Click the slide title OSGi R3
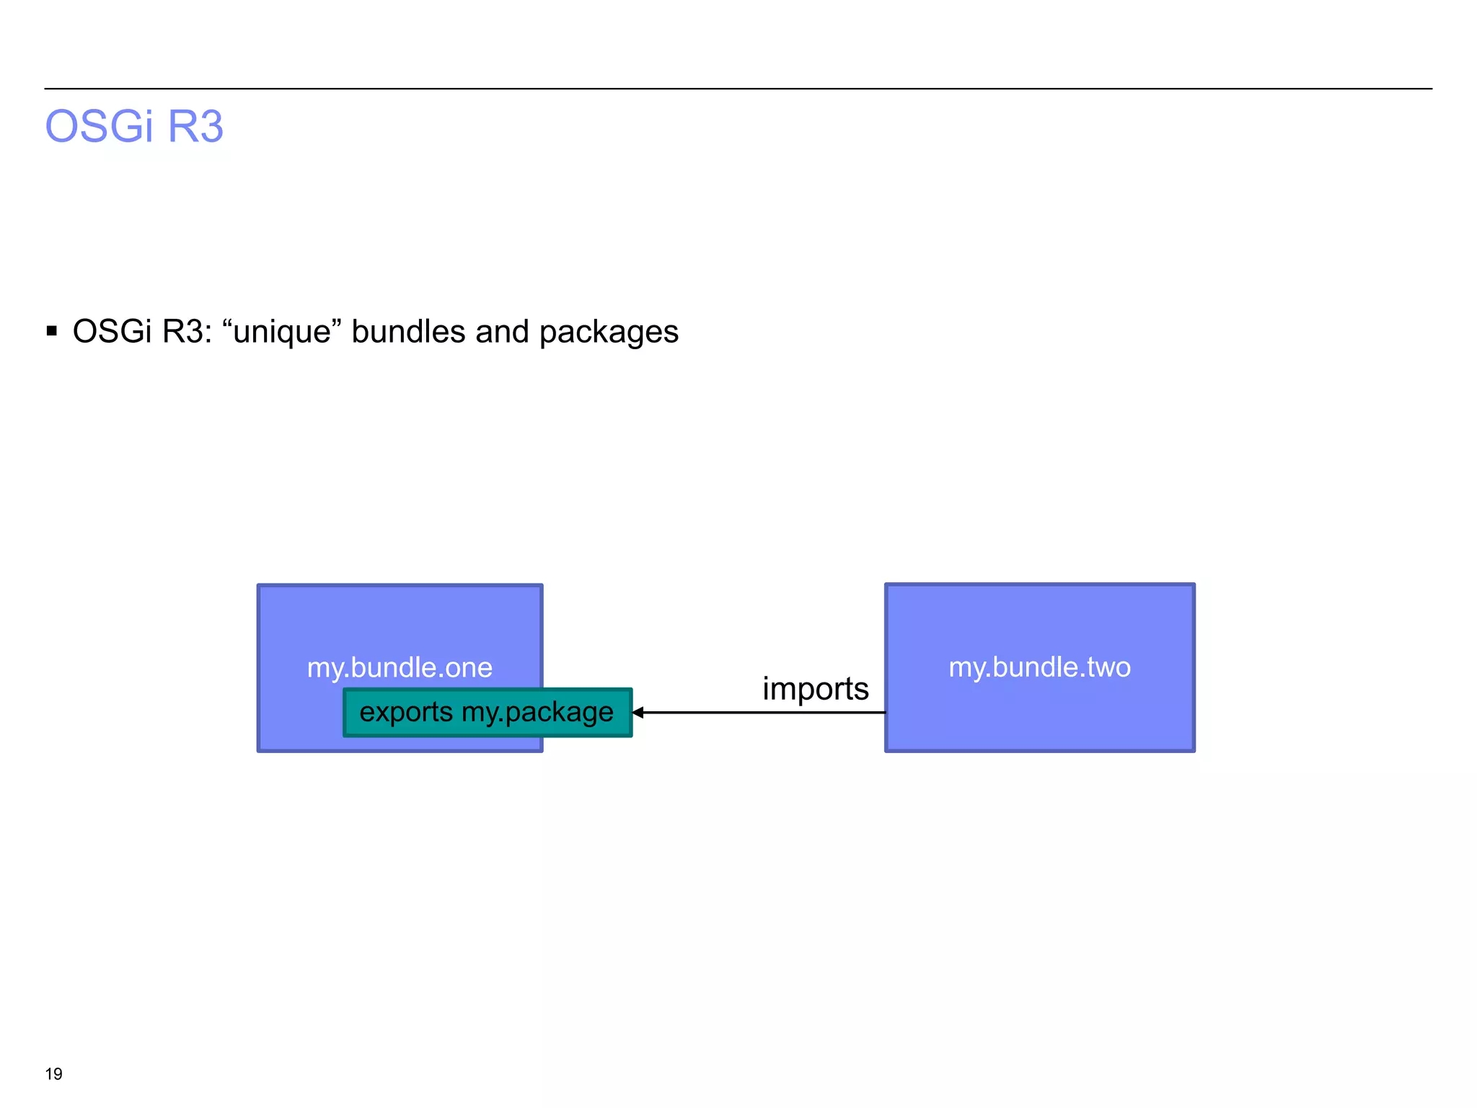pos(134,127)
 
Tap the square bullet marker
pos(51,332)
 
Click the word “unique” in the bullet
pos(282,332)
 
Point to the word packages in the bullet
pos(609,332)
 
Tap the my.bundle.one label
pos(400,668)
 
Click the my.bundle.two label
pos(1039,667)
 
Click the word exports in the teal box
pos(406,712)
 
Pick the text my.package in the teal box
pos(537,712)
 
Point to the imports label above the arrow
pos(815,689)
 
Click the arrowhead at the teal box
pos(638,713)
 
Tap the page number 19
pos(54,1074)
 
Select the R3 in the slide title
pos(195,127)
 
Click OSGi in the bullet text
pos(113,332)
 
